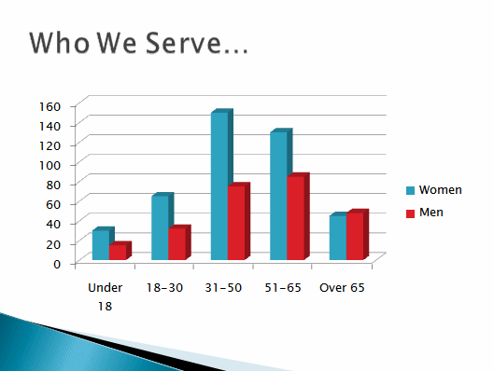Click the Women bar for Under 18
point(101,244)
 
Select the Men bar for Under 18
point(118,252)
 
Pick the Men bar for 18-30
point(176,243)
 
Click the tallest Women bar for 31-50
point(219,186)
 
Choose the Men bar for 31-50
point(236,223)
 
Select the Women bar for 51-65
point(278,196)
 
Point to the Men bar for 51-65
point(295,217)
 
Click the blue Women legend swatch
point(410,190)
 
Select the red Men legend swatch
point(410,213)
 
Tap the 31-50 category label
point(223,288)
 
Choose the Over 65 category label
point(342,288)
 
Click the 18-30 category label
point(164,288)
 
